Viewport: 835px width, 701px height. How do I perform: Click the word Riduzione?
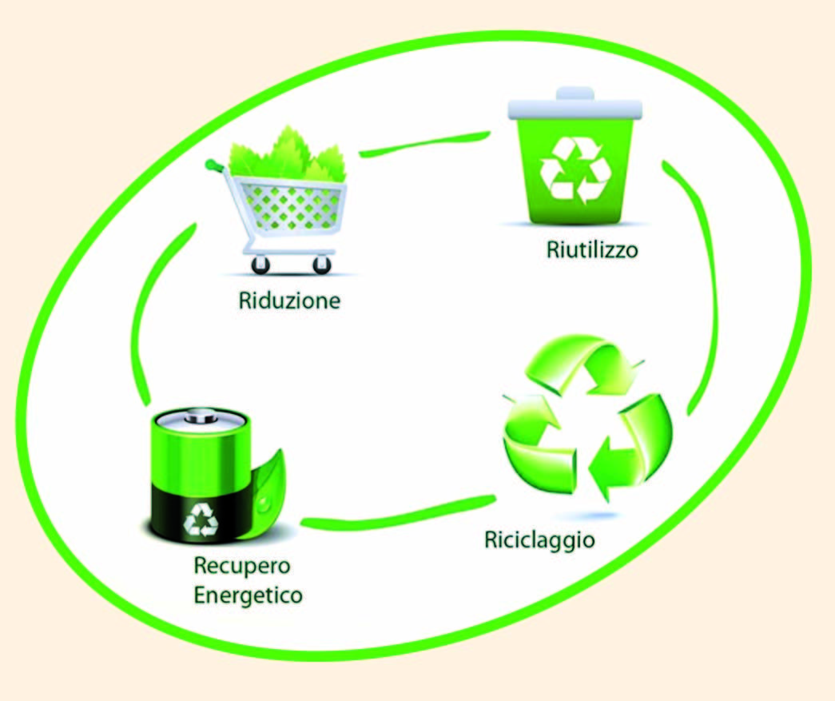pyautogui.click(x=289, y=301)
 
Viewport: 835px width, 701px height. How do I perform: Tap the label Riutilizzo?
pyautogui.click(x=592, y=249)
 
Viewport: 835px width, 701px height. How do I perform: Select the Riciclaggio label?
pyautogui.click(x=539, y=540)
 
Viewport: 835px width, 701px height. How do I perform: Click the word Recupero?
pyautogui.click(x=242, y=567)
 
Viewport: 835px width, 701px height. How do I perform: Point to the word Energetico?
pyautogui.click(x=248, y=595)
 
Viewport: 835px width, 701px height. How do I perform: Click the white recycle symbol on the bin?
pyautogui.click(x=575, y=169)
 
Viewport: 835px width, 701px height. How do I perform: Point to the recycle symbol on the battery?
pyautogui.click(x=199, y=521)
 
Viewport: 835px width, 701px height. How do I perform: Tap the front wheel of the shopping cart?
pyautogui.click(x=321, y=265)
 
